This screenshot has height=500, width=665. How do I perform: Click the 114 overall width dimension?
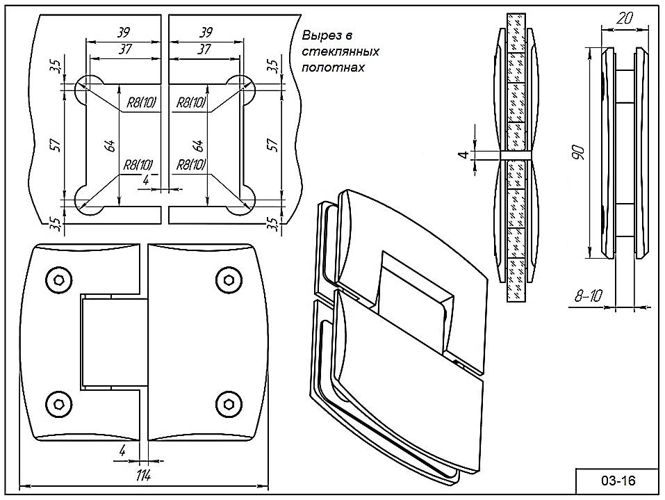(144, 476)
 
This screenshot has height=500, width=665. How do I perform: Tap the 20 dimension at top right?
(623, 19)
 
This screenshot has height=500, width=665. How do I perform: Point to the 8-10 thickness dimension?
(588, 296)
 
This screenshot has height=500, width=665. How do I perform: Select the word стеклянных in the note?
(340, 52)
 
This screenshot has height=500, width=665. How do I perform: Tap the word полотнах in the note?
(334, 68)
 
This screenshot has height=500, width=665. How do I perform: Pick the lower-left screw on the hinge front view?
(58, 401)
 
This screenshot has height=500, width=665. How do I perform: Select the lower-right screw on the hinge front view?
(229, 401)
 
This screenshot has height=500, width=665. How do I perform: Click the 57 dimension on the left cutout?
(56, 145)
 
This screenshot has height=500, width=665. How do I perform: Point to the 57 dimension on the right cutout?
(273, 145)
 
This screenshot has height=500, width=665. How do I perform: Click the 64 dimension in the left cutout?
(109, 146)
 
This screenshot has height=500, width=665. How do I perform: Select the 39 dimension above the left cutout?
(124, 32)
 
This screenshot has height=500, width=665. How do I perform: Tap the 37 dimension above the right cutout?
(204, 49)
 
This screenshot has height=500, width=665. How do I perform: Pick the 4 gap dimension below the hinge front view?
(122, 451)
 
